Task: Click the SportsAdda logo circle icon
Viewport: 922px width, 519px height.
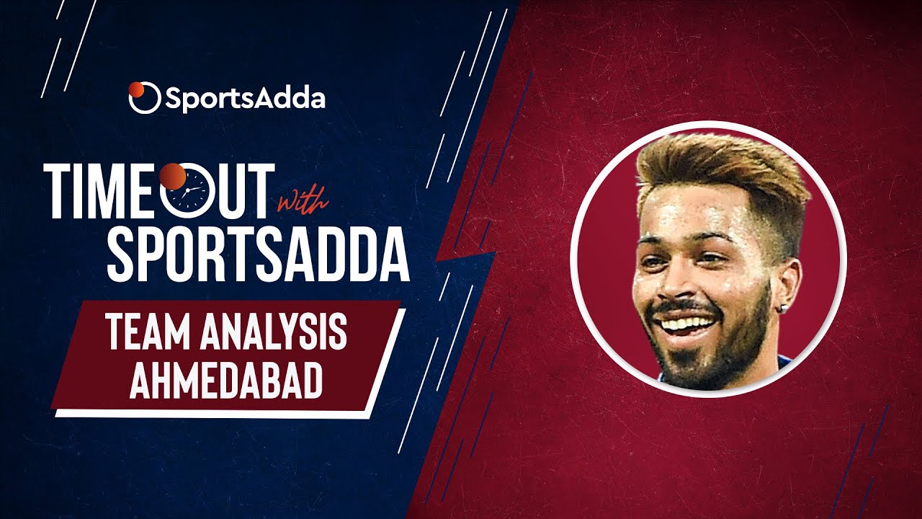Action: [x=144, y=97]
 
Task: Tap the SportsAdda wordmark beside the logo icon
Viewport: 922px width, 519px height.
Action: [x=246, y=99]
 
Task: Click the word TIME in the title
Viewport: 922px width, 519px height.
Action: [x=102, y=191]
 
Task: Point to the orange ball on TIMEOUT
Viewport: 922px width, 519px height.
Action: [x=173, y=177]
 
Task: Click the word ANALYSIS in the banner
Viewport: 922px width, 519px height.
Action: [x=273, y=333]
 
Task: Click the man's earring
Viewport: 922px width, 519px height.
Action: [x=785, y=307]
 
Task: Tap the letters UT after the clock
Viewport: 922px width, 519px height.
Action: [x=241, y=191]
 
